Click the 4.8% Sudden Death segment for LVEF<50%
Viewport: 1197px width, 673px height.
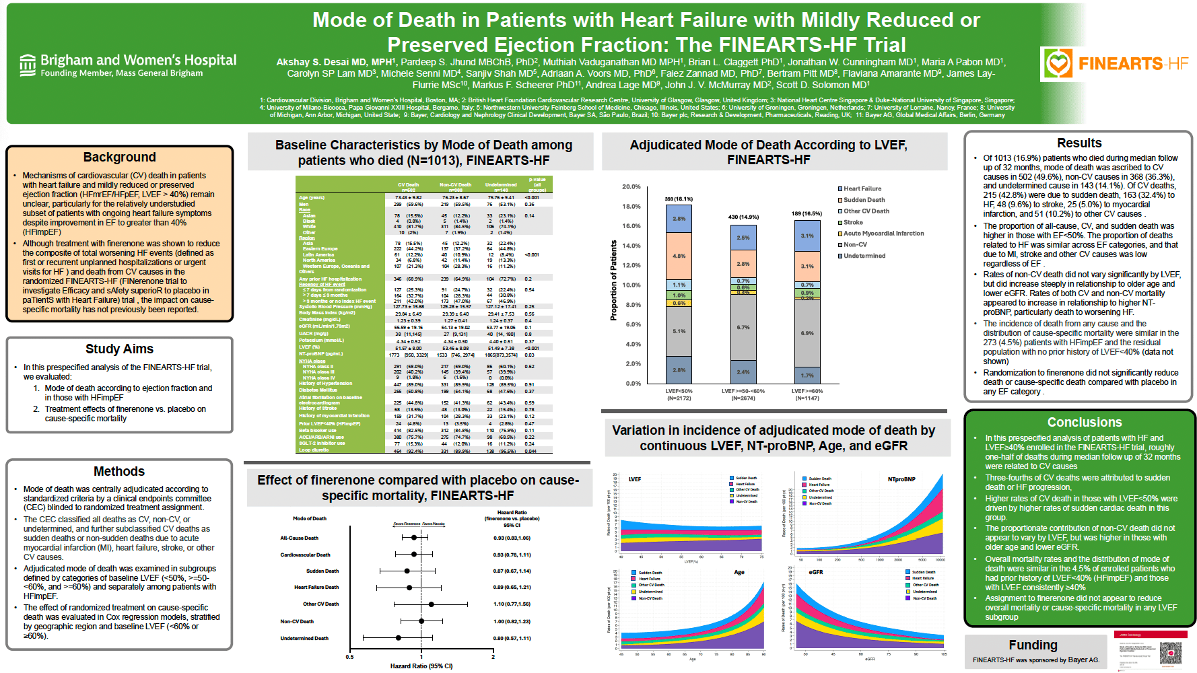pyautogui.click(x=679, y=256)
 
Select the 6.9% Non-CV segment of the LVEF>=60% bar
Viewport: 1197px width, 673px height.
pyautogui.click(x=807, y=333)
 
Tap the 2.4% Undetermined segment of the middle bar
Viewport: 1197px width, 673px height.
pyautogui.click(x=743, y=371)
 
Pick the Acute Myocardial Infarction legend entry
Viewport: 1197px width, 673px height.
pyautogui.click(x=883, y=234)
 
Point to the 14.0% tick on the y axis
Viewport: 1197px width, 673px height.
pyautogui.click(x=631, y=246)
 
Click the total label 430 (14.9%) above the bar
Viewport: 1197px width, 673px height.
pyautogui.click(x=743, y=217)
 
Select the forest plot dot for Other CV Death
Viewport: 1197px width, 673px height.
pyautogui.click(x=432, y=604)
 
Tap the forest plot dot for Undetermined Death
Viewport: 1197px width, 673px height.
pyautogui.click(x=399, y=637)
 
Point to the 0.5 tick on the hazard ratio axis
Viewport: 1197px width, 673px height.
pyautogui.click(x=349, y=657)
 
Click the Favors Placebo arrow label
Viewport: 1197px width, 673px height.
pyautogui.click(x=434, y=524)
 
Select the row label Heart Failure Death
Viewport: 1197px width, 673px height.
pyautogui.click(x=316, y=588)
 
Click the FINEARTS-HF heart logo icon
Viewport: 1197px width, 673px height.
pyautogui.click(x=1058, y=64)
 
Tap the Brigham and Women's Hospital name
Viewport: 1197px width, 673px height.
pyautogui.click(x=138, y=61)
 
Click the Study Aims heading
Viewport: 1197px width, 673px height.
pyautogui.click(x=119, y=349)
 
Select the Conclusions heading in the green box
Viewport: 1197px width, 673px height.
pyautogui.click(x=1084, y=422)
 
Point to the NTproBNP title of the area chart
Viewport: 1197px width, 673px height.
pyautogui.click(x=901, y=479)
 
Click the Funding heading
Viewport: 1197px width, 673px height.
pyautogui.click(x=1032, y=645)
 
